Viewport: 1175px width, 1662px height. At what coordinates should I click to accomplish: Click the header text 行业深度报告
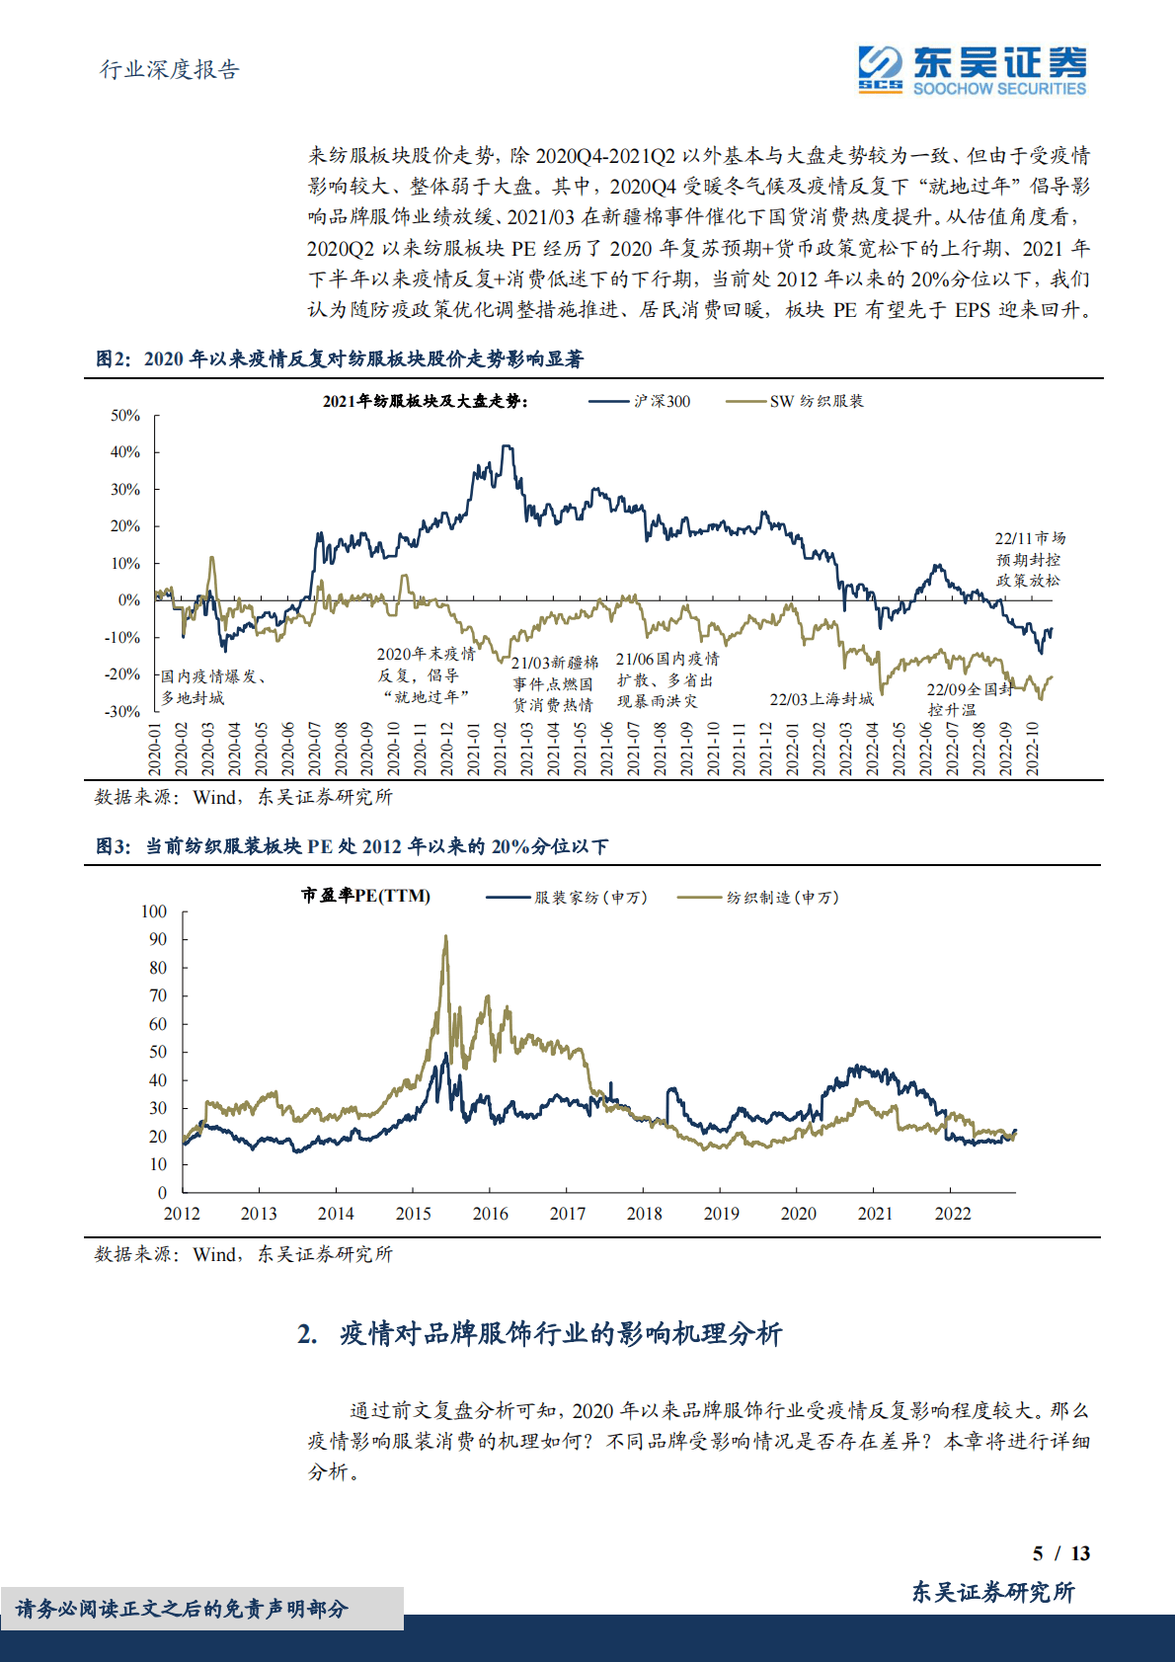(170, 69)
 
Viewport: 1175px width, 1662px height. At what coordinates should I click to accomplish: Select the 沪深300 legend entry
(642, 401)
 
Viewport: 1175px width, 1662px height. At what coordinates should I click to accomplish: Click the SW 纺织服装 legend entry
(796, 401)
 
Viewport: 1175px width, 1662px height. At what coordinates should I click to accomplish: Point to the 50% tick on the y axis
(125, 416)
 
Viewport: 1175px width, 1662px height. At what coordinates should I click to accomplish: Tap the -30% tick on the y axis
(123, 711)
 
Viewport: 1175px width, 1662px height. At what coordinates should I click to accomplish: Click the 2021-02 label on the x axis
(501, 749)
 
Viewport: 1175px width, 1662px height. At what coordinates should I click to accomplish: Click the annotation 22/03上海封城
(822, 699)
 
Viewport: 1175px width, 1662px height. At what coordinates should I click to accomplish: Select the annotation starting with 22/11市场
(1029, 559)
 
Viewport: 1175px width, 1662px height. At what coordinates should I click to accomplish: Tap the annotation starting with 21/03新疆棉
(554, 683)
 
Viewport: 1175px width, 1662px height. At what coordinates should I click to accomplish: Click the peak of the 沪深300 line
(507, 446)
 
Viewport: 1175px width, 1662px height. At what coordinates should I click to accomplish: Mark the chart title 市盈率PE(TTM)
(365, 896)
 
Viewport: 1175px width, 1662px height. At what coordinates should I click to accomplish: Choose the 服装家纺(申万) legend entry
(568, 898)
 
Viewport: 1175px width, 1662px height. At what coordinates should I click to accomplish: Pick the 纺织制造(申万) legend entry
(759, 898)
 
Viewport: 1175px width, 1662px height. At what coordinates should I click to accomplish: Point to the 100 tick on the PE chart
(154, 911)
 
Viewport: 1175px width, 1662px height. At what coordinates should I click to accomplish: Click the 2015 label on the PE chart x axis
(413, 1214)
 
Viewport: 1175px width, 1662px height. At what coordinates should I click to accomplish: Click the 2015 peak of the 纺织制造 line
(445, 936)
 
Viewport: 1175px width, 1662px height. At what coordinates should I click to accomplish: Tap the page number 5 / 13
(1060, 1553)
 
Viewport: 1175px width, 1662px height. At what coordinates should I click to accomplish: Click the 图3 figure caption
(352, 846)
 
